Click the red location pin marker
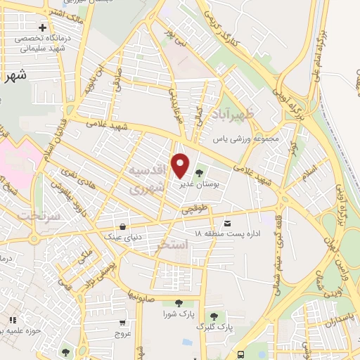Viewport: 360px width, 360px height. [x=181, y=166]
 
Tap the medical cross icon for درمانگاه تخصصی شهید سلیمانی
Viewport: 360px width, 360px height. [x=43, y=27]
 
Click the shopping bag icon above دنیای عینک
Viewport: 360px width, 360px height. [x=124, y=226]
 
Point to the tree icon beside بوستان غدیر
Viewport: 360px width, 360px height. [x=200, y=172]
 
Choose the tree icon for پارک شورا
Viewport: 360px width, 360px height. [x=178, y=303]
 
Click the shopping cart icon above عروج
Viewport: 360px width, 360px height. [x=122, y=323]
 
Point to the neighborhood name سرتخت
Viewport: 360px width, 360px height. [x=37, y=214]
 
